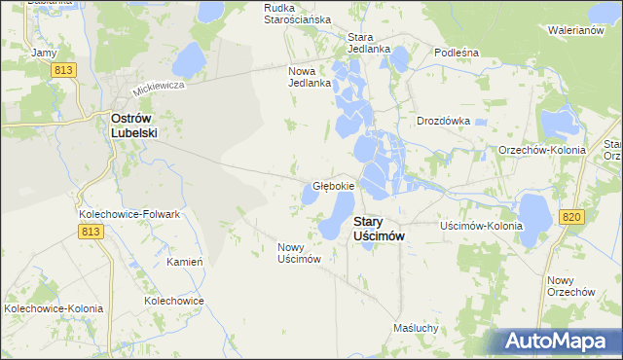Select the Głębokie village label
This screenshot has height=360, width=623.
[333, 185]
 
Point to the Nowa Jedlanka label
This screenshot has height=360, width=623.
[311, 77]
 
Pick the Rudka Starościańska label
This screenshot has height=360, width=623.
[298, 14]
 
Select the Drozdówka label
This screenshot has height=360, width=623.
[443, 122]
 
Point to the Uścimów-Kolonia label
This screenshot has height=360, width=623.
[481, 226]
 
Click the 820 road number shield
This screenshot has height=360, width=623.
[571, 217]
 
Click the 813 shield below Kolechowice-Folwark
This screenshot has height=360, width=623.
[92, 231]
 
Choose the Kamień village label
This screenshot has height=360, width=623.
[184, 262]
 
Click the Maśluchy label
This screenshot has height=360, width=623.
[417, 328]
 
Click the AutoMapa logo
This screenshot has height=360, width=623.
[559, 342]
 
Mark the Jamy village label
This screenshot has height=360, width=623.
[43, 52]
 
